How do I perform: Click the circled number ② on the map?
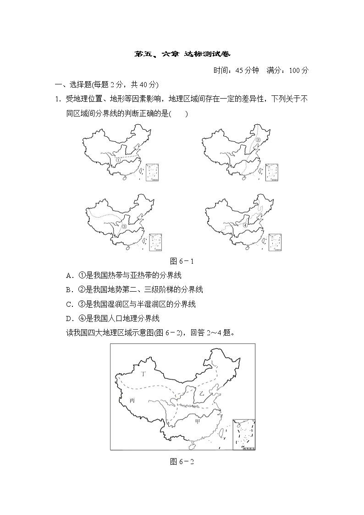(x=258, y=140)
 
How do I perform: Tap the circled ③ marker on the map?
(x=124, y=226)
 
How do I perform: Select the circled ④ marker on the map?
(x=245, y=225)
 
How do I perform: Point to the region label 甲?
(x=198, y=421)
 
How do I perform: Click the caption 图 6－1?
(x=182, y=261)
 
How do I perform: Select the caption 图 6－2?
(x=182, y=462)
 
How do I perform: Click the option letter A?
(x=69, y=276)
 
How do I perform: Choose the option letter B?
(x=69, y=290)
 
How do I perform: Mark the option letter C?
(x=69, y=304)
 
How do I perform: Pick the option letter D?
(x=69, y=318)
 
